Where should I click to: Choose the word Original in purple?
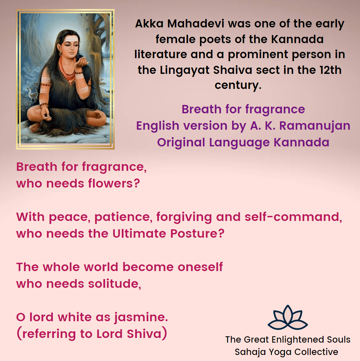[181, 142]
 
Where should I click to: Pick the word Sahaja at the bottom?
[247, 352]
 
